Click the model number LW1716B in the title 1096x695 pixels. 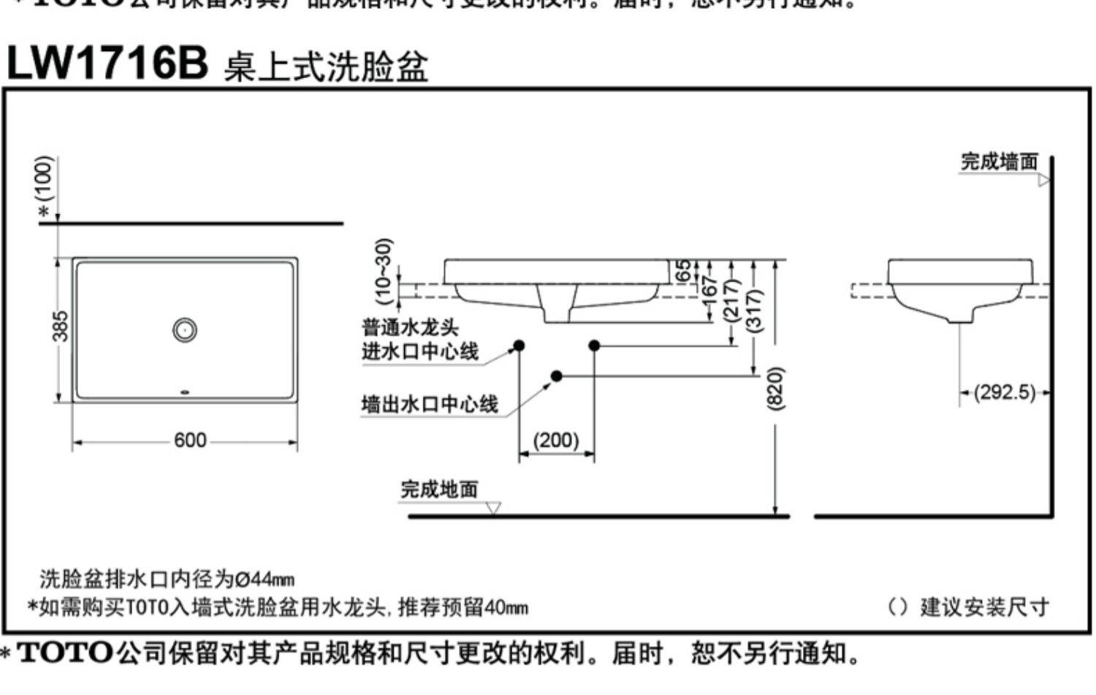(107, 63)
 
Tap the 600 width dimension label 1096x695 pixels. (190, 441)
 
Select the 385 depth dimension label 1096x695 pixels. (61, 327)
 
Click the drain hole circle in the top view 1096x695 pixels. (185, 330)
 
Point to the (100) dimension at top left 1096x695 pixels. (45, 178)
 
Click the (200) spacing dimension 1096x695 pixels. (556, 440)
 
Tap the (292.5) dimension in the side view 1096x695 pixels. (1005, 392)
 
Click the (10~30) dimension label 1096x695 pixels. (384, 270)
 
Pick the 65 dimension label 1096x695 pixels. (684, 270)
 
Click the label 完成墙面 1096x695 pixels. (999, 162)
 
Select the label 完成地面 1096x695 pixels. (439, 489)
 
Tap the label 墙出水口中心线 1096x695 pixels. (430, 404)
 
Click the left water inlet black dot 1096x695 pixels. (519, 345)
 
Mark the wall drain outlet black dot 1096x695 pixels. (557, 376)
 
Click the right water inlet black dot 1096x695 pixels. (594, 345)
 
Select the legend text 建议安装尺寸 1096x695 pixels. (984, 606)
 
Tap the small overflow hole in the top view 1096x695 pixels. (186, 393)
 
